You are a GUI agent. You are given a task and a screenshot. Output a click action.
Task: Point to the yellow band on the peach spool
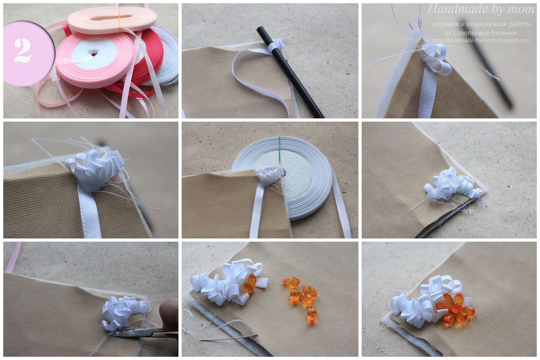pyautogui.click(x=119, y=18)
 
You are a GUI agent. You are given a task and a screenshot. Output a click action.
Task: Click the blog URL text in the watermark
pyautogui.click(x=481, y=40)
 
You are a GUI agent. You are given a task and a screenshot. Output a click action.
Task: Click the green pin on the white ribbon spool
pyautogui.click(x=279, y=152)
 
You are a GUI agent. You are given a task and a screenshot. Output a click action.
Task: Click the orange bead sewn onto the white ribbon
pyautogui.click(x=249, y=284)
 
